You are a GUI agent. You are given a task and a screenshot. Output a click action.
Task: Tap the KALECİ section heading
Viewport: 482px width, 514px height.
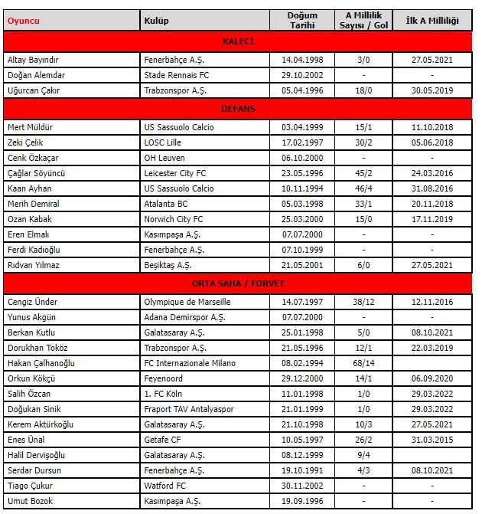[238, 41]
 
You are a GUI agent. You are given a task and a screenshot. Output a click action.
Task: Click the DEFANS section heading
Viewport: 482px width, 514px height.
[238, 109]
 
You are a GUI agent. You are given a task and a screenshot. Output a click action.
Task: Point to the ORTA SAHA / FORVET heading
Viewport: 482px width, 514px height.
[238, 283]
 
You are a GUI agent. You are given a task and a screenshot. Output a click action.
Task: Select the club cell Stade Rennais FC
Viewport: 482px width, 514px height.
[174, 75]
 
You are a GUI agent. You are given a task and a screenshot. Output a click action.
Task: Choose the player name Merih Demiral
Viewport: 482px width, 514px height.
[33, 204]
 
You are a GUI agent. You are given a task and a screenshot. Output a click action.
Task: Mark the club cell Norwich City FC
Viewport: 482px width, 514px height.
[171, 220]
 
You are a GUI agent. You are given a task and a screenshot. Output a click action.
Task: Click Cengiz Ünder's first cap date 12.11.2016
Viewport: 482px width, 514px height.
[432, 302]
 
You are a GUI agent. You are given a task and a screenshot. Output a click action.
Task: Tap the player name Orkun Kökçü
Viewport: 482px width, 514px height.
[31, 378]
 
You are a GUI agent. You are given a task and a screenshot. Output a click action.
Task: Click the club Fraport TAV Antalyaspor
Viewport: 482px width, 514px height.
[189, 409]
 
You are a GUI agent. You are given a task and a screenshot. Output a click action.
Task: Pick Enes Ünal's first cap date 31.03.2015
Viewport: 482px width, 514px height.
[432, 440]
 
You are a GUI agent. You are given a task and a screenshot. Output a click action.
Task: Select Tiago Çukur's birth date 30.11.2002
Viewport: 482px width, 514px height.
[301, 486]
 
